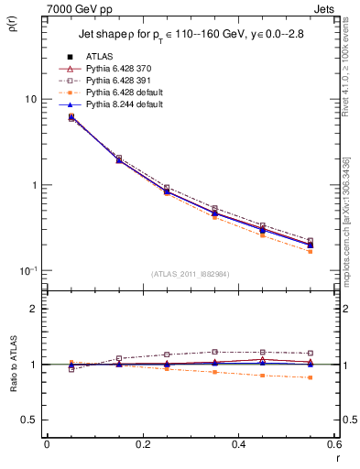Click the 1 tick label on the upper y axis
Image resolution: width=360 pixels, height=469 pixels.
(34, 185)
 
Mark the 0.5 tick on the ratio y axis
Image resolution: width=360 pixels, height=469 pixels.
(29, 420)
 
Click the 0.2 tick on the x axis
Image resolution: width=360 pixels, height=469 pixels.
(142, 443)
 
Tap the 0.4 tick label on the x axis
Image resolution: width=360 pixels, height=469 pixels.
(238, 443)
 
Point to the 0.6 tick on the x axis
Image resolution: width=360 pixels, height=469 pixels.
(333, 443)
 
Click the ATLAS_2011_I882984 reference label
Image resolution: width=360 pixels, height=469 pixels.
(190, 273)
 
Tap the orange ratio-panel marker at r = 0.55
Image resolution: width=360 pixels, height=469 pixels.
(310, 377)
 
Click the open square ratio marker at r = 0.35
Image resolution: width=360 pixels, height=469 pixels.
(214, 352)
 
